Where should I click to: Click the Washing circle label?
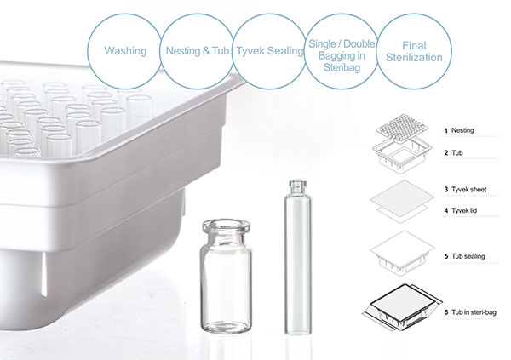[125, 51]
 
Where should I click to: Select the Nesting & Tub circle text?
[198, 51]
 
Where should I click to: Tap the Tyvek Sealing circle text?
[270, 51]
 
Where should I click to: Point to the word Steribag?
[342, 67]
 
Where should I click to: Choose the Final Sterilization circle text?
[414, 51]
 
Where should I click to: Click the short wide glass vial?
[227, 276]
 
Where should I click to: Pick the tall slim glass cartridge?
[297, 257]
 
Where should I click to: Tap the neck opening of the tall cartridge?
[297, 182]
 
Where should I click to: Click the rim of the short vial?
[227, 226]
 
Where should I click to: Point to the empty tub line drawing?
[402, 156]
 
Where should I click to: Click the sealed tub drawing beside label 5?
[402, 254]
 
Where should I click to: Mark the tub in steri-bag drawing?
[402, 308]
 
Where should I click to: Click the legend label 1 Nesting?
[459, 131]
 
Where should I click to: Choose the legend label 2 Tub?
[453, 153]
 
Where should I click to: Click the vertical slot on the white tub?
[43, 274]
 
